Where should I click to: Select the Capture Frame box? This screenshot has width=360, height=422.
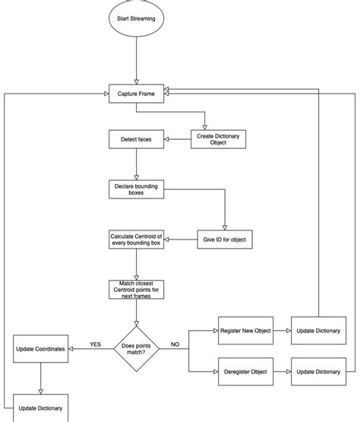click(x=135, y=94)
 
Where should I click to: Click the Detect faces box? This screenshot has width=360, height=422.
click(x=135, y=139)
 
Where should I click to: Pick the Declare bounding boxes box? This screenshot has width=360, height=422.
click(x=135, y=189)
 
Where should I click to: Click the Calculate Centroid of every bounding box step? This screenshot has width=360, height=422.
click(x=135, y=240)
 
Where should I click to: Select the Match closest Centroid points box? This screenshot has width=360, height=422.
click(x=135, y=290)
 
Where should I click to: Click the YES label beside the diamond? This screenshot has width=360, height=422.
click(x=96, y=343)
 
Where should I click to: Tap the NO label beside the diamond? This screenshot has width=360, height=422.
click(x=175, y=343)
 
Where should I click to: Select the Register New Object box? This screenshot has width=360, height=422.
click(x=245, y=332)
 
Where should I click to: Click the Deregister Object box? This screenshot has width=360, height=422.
click(x=245, y=371)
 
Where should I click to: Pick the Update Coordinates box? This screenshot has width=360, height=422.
click(x=40, y=349)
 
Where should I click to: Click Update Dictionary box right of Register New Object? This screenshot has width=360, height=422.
click(x=317, y=332)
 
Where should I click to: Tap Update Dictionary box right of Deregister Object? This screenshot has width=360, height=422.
click(x=317, y=371)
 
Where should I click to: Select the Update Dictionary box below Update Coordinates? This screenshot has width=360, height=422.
click(x=40, y=408)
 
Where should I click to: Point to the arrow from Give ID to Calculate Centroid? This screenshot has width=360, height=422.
click(x=182, y=240)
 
